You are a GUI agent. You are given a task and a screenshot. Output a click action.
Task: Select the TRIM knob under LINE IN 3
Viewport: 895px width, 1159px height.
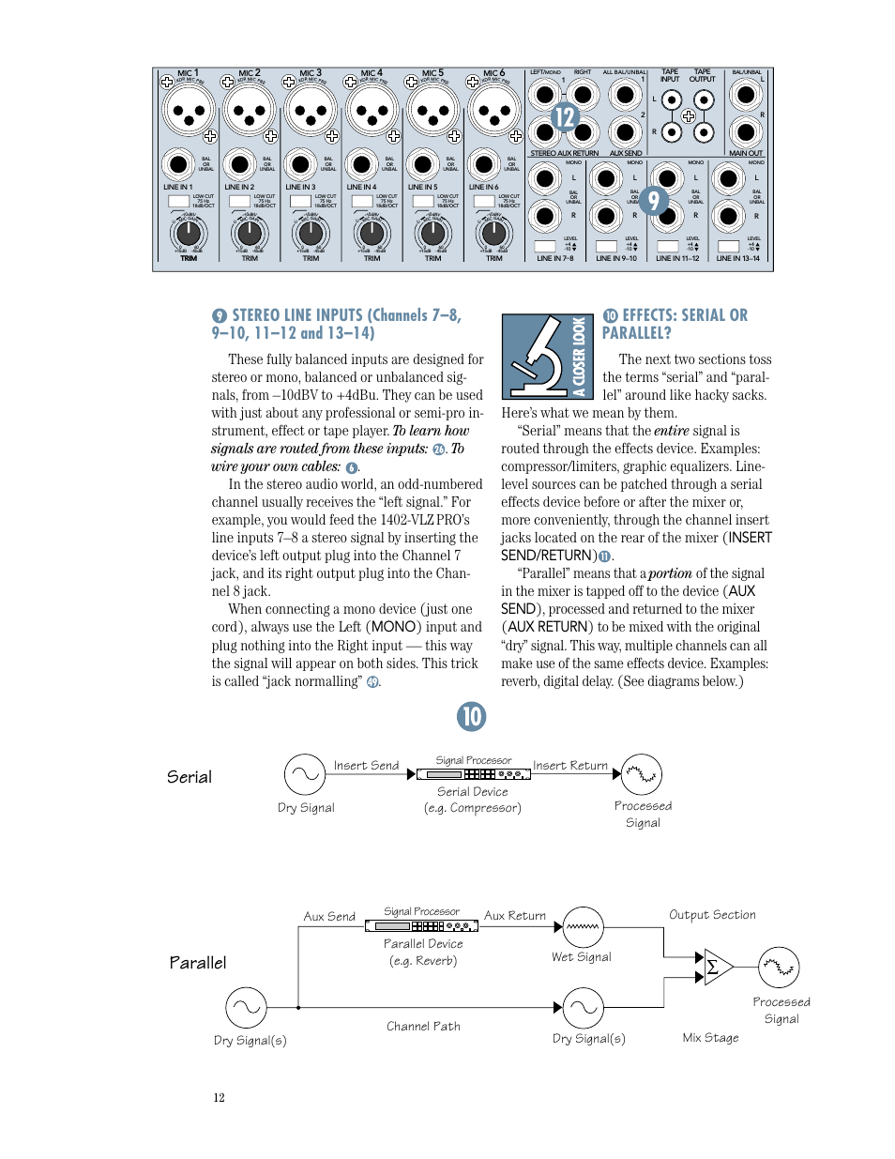311,233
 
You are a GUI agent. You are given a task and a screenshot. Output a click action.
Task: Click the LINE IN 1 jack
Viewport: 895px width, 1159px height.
177,164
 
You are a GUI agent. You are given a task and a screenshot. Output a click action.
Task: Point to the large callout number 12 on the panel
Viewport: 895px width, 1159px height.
564,117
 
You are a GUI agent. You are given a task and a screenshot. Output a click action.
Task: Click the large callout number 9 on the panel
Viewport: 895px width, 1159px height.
654,200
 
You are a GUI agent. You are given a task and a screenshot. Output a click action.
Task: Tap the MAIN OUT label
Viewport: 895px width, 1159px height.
746,153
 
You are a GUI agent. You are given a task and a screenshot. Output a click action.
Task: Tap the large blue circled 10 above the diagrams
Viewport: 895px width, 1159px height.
471,717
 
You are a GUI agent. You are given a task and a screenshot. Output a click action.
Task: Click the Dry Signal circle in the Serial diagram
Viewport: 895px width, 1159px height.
305,774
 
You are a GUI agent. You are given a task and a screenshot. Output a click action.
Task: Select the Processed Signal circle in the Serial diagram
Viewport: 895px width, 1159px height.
642,774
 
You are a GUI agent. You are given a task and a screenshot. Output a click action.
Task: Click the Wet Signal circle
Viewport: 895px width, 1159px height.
584,926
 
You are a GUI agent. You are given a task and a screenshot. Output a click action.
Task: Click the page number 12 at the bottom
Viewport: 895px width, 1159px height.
219,1097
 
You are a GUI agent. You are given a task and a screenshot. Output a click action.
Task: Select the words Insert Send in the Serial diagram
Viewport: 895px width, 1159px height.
366,765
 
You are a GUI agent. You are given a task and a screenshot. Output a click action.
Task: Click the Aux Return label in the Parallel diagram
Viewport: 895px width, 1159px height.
515,915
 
